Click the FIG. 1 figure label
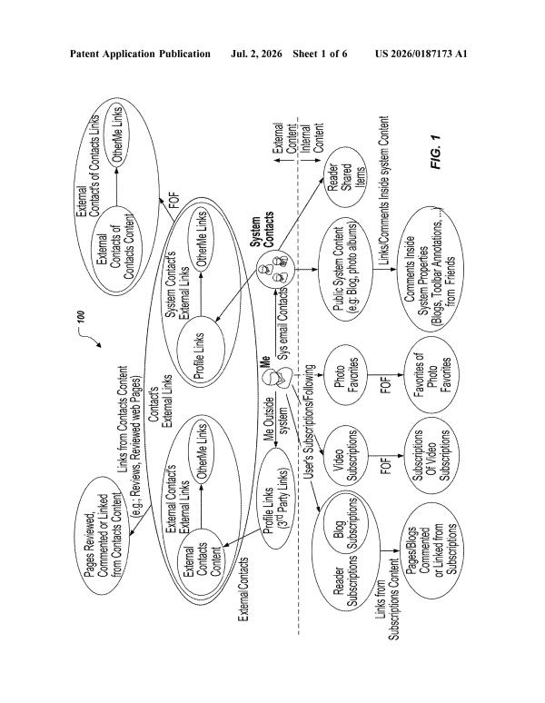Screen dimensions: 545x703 [x=436, y=153]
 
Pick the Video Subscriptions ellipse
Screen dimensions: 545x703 [x=345, y=456]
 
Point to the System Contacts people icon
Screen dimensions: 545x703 [x=274, y=270]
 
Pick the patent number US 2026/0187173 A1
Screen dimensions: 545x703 [x=421, y=54]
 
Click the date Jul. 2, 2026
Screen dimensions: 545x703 [x=256, y=54]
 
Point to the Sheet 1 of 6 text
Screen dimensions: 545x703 [x=320, y=54]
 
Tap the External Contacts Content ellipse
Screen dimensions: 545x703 [x=202, y=561]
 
